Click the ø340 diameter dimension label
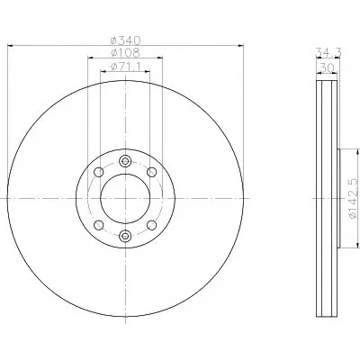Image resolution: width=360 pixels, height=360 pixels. point(125,40)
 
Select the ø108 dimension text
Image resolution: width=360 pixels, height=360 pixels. point(125,53)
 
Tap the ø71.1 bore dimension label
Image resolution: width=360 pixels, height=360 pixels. point(125,67)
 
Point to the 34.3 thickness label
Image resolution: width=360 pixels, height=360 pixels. point(328,52)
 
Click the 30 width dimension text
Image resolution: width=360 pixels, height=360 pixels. point(327,67)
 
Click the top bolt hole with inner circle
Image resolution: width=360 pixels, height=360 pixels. point(125,161)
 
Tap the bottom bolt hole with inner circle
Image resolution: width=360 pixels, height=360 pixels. point(125,236)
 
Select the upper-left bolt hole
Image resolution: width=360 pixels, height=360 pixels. point(99,172)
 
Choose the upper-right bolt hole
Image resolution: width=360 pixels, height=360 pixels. point(152,172)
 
